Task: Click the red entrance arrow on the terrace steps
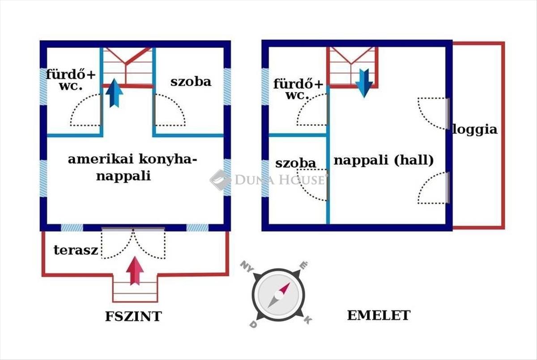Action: (135, 270)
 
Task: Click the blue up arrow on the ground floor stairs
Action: (115, 93)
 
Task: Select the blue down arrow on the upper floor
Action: (364, 83)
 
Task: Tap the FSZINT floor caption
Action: (133, 317)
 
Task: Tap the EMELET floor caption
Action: (379, 315)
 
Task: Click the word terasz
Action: (76, 250)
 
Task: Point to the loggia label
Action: (475, 130)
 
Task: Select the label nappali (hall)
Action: (384, 160)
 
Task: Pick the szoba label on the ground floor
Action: (191, 82)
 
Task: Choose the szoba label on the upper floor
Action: (295, 163)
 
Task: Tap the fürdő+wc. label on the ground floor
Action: (71, 80)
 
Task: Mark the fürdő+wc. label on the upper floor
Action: (298, 89)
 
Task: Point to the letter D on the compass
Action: (253, 324)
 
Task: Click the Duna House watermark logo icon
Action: (220, 180)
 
